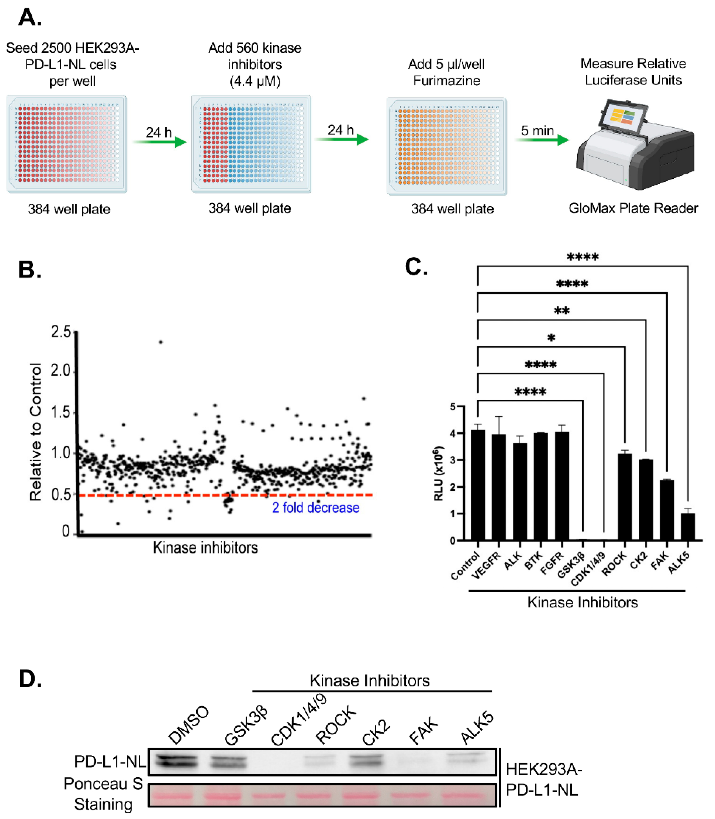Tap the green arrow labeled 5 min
pos(545,140)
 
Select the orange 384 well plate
pos(447,146)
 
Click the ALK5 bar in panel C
pos(687,527)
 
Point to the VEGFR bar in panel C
pos(499,487)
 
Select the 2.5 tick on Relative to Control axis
pos(61,332)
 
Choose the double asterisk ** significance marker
pos(561,311)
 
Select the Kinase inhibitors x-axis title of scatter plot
pos(205,548)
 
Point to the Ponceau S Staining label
pos(103,794)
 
